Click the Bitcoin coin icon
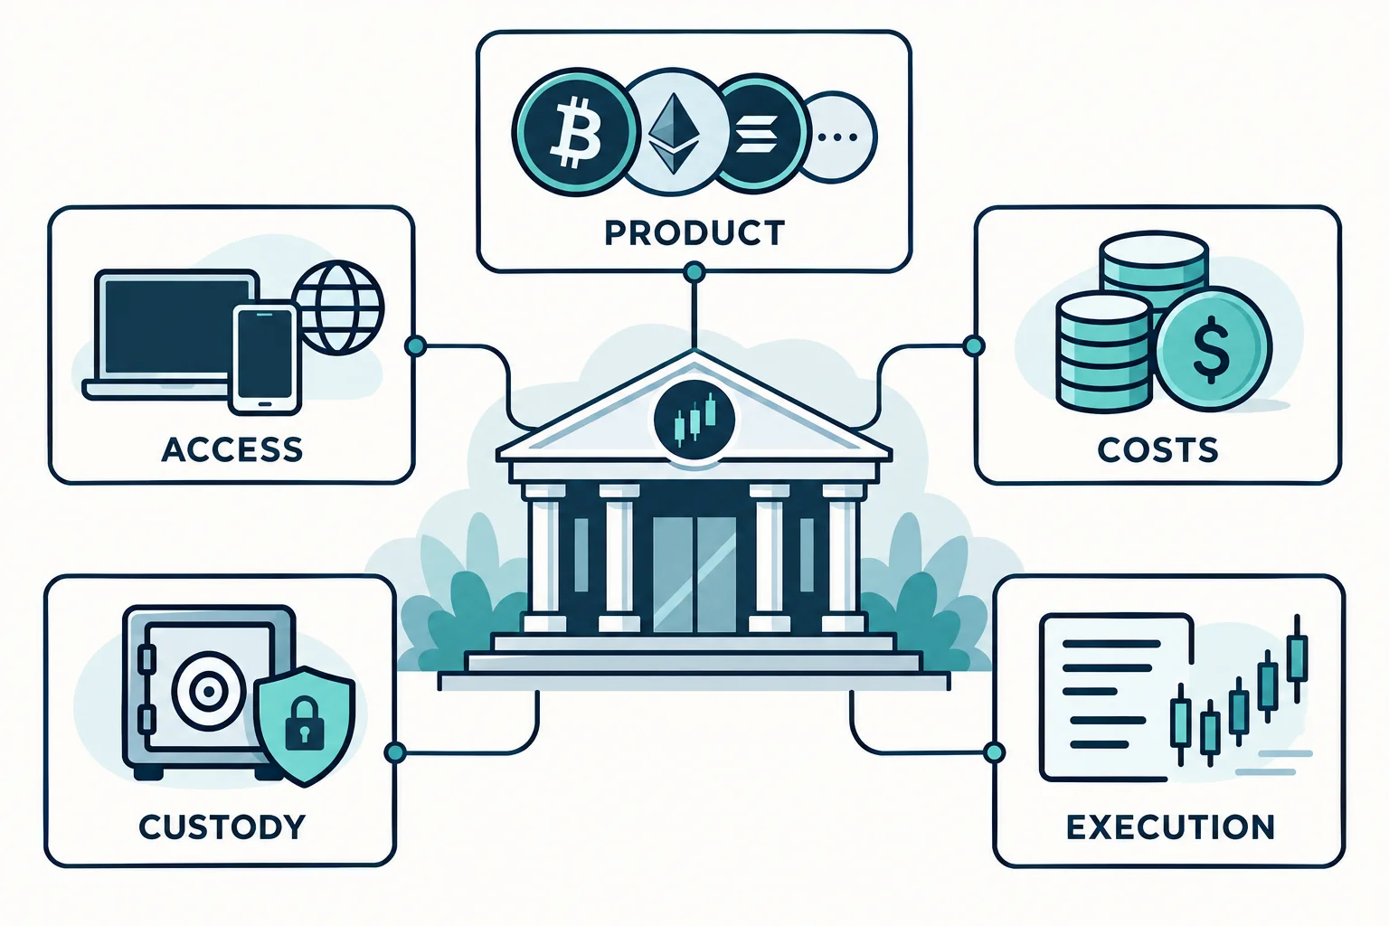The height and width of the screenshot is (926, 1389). pyautogui.click(x=575, y=132)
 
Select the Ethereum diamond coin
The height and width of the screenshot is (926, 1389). pyautogui.click(x=675, y=132)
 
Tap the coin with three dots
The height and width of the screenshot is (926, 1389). pyautogui.click(x=837, y=137)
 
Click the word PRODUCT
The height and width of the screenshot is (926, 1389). pyautogui.click(x=694, y=232)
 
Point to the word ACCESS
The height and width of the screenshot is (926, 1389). pyautogui.click(x=231, y=449)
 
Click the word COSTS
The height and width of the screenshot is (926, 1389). pyautogui.click(x=1157, y=449)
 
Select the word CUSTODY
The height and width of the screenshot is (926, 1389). pyautogui.click(x=222, y=827)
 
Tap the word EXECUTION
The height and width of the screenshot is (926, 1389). pyautogui.click(x=1170, y=827)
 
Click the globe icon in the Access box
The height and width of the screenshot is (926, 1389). pyautogui.click(x=338, y=307)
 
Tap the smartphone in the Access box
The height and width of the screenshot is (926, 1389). pyautogui.click(x=265, y=358)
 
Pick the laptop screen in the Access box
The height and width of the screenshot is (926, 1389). pyautogui.click(x=176, y=326)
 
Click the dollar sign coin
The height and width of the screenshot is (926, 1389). pyautogui.click(x=1214, y=348)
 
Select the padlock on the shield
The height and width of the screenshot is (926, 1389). pyautogui.click(x=304, y=722)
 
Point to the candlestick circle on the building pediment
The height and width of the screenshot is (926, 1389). pyautogui.click(x=694, y=420)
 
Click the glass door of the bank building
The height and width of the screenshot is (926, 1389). pyautogui.click(x=694, y=573)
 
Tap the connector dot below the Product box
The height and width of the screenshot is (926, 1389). pyautogui.click(x=694, y=271)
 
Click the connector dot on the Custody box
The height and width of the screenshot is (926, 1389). pyautogui.click(x=395, y=753)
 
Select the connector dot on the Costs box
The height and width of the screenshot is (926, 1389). pyautogui.click(x=974, y=345)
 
